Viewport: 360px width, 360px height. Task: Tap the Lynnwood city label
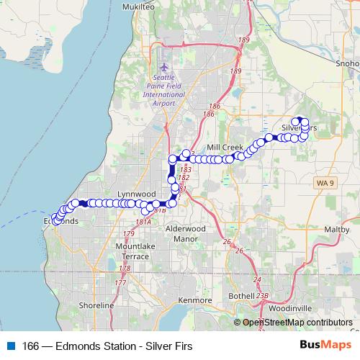(137, 194)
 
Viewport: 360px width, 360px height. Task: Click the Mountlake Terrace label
(132, 251)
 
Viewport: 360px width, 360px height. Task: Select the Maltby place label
(336, 228)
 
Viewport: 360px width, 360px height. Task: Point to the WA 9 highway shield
(325, 184)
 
